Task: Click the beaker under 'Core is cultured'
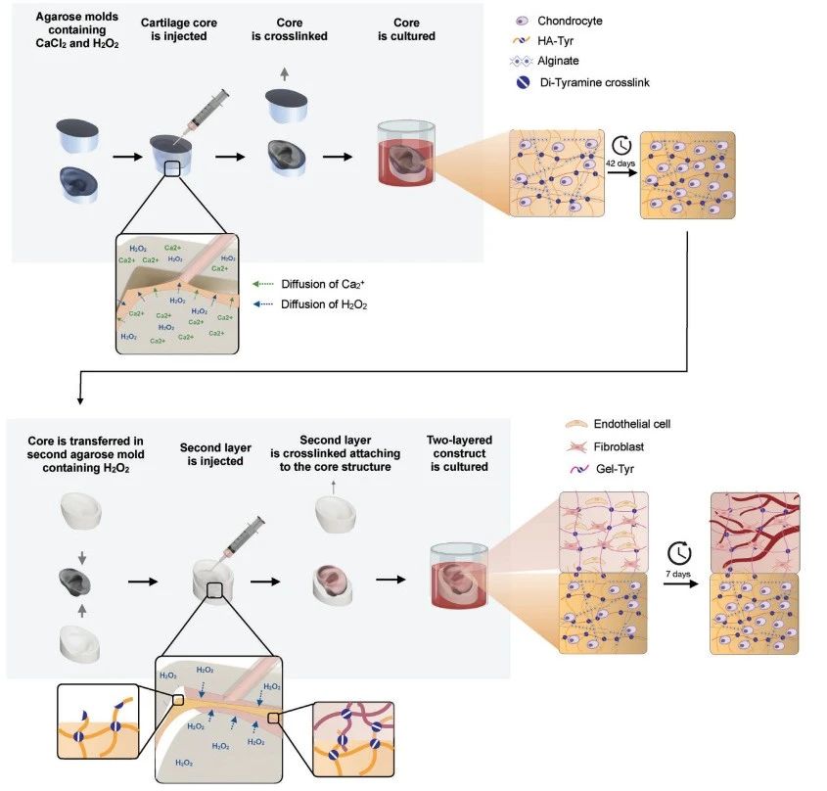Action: coord(403,154)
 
